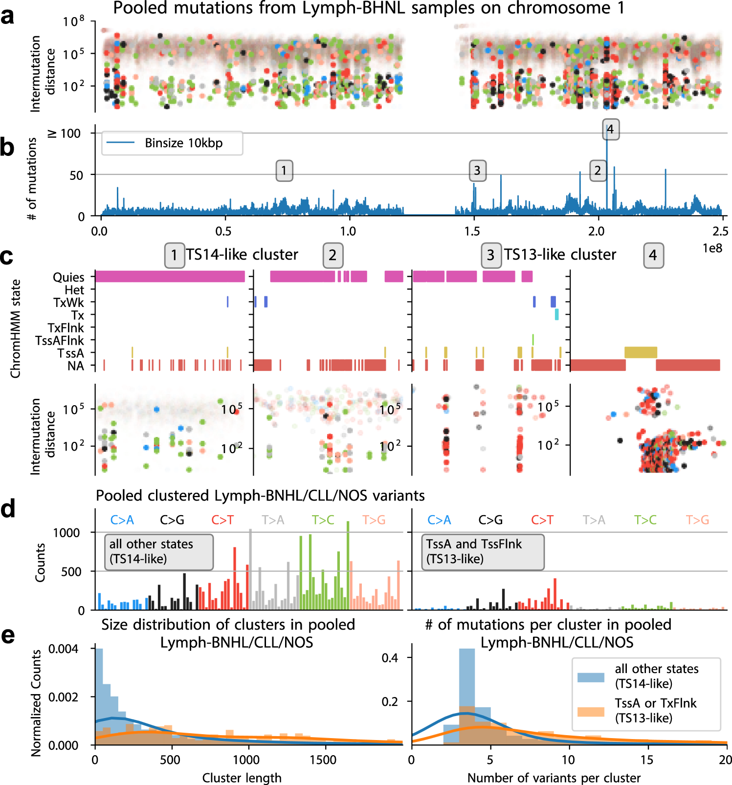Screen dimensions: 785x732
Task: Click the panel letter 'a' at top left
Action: point(7,16)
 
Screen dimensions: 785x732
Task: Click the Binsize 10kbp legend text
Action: point(183,143)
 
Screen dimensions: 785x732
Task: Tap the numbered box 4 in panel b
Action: point(610,130)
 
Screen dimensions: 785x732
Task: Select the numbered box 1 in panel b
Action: point(284,171)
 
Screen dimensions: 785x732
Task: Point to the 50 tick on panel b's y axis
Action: point(76,175)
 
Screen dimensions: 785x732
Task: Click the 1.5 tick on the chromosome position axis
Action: point(473,231)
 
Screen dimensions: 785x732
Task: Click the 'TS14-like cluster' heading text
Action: point(242,255)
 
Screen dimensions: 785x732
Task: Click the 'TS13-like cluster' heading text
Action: point(560,255)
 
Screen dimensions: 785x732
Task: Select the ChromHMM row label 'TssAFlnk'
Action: point(59,341)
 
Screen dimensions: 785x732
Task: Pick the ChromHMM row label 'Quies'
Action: point(68,277)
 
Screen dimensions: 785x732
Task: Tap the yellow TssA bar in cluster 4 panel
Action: point(641,352)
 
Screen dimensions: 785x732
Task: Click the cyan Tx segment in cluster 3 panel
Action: point(556,314)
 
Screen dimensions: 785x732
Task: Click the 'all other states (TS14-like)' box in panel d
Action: point(159,552)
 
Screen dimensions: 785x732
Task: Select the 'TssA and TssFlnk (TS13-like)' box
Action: point(483,552)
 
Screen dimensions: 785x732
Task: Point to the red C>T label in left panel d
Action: point(222,520)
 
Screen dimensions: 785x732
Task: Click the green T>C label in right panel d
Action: point(645,520)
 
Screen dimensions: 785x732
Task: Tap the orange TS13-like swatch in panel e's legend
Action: point(591,711)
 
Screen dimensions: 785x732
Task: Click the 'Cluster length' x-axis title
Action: point(242,778)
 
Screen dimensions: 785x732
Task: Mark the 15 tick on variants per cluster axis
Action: point(646,760)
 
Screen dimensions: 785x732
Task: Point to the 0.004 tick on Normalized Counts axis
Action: point(64,649)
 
